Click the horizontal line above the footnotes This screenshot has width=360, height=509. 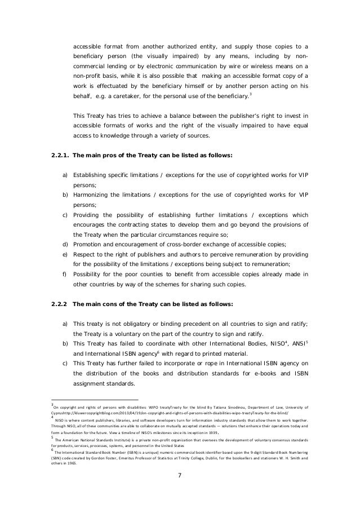click(91, 398)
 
